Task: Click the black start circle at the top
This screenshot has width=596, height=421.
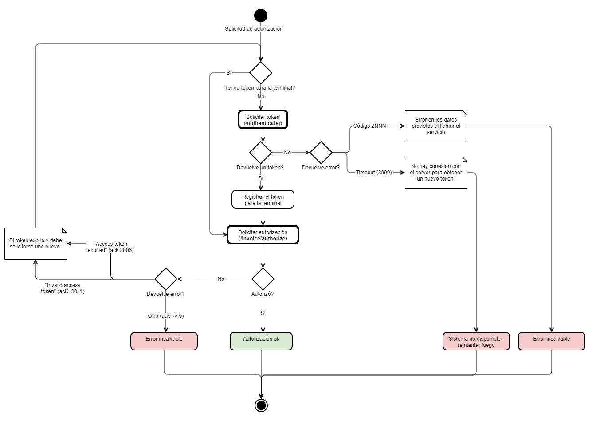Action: (261, 16)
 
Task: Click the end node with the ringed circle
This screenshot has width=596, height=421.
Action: (261, 405)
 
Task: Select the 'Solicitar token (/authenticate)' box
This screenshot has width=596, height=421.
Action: (263, 120)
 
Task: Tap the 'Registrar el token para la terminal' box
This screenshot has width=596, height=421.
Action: (263, 200)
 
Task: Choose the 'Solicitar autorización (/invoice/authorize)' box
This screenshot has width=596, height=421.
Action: (263, 235)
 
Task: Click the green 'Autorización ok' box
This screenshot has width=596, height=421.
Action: (261, 341)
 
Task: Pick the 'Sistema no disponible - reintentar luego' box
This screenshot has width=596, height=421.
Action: (476, 341)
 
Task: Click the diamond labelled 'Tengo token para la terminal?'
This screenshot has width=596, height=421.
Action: (261, 72)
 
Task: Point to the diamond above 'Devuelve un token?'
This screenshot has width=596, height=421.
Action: (261, 153)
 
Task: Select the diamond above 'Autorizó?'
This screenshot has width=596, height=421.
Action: (263, 279)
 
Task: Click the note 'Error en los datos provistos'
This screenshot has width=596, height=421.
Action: (436, 126)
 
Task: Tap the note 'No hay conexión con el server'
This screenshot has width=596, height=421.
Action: (436, 173)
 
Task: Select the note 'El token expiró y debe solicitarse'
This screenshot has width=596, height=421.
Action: (35, 244)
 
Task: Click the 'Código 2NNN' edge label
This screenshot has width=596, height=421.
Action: (369, 126)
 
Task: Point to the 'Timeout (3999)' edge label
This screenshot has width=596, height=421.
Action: (374, 173)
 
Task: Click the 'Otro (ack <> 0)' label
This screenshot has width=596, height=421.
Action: (166, 316)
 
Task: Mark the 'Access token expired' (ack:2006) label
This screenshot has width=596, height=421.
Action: (110, 247)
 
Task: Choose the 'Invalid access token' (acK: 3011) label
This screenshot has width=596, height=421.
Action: (63, 288)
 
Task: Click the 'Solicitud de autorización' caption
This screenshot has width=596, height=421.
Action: (254, 29)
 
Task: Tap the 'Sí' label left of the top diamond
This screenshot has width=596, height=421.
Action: (229, 72)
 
